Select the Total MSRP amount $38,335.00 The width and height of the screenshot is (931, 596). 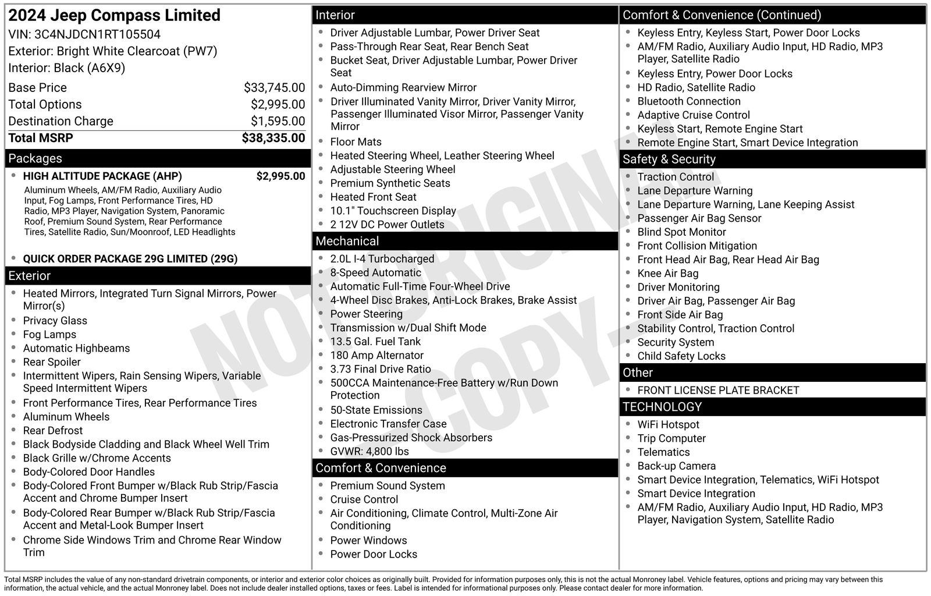[273, 138]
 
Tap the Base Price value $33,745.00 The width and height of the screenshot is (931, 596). [274, 88]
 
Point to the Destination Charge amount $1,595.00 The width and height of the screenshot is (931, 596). [278, 121]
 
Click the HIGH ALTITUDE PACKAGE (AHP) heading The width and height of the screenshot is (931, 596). [102, 176]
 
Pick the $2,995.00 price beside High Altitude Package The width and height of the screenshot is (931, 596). [280, 176]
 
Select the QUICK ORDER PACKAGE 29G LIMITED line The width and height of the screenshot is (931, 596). [130, 259]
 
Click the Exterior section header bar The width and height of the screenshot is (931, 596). [158, 276]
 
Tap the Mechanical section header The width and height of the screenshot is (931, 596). [465, 241]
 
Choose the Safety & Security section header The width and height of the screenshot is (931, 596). [772, 159]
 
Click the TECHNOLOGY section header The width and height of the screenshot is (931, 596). [772, 407]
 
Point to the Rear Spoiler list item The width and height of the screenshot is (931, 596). [52, 362]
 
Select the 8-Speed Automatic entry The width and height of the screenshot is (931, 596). [375, 272]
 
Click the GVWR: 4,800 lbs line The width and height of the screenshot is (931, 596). [369, 452]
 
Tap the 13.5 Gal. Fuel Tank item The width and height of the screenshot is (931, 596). [375, 342]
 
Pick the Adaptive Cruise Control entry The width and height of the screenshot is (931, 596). [694, 115]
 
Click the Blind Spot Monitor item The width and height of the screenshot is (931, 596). [681, 232]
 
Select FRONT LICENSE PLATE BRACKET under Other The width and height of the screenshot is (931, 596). [718, 391]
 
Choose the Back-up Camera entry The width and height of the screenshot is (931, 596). [676, 466]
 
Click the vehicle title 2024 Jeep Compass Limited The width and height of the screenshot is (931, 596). [115, 15]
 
